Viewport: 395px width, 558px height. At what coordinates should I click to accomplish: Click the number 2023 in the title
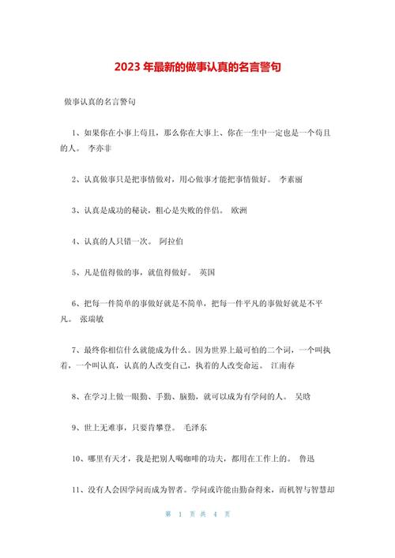point(126,69)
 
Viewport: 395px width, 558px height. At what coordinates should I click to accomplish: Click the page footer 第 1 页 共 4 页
point(197,536)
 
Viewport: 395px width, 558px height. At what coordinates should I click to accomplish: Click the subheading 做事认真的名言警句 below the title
point(101,102)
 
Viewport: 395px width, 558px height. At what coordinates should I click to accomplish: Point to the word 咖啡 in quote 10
point(178,459)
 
